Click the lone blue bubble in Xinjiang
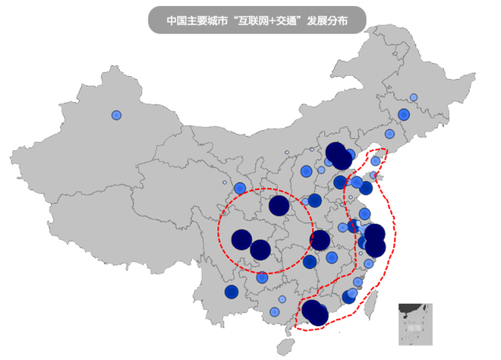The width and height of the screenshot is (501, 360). point(116,115)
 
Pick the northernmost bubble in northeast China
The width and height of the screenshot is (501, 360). point(414,97)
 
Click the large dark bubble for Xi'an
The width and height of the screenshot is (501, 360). point(279,205)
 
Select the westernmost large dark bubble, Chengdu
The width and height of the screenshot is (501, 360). point(241,239)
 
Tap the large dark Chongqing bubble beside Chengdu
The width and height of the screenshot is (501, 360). point(260,250)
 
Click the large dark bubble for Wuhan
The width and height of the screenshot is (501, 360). point(320,240)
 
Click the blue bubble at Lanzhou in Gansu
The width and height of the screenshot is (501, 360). point(240,188)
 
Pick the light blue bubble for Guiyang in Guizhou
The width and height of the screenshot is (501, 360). point(263,277)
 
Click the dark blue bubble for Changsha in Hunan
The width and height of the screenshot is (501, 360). point(310,262)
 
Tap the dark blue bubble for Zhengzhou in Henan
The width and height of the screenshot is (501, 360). point(314,201)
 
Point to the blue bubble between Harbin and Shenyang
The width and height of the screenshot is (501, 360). point(404,115)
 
